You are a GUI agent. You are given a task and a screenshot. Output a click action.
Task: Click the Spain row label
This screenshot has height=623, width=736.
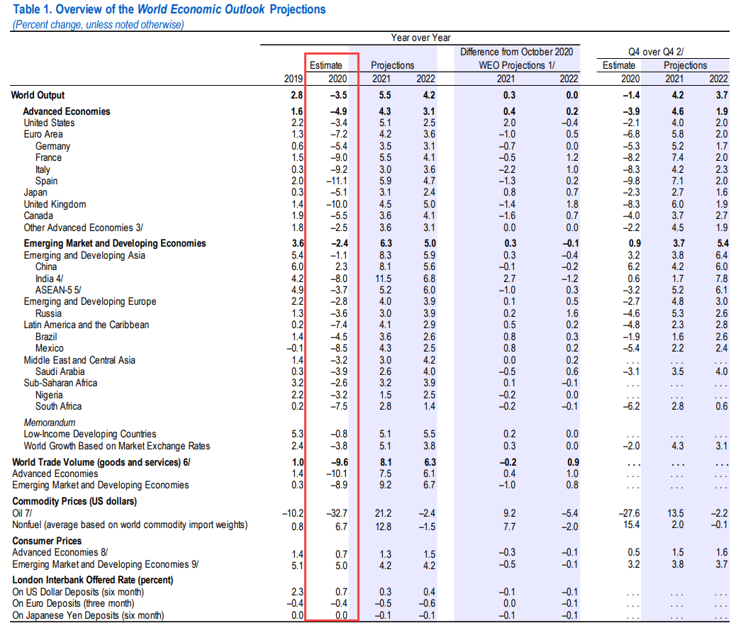(x=47, y=181)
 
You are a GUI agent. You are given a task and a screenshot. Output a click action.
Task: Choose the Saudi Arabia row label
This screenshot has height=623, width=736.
(x=60, y=371)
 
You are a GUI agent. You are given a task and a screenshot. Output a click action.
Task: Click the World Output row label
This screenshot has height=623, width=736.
(x=38, y=95)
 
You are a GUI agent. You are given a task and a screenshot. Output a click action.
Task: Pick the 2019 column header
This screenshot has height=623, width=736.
(x=293, y=79)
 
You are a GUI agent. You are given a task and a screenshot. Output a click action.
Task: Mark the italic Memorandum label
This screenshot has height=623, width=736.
(x=50, y=422)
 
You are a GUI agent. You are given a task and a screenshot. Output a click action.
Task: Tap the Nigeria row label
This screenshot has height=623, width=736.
(x=48, y=395)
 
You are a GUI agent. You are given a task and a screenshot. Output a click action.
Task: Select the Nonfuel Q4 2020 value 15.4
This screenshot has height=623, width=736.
(x=631, y=524)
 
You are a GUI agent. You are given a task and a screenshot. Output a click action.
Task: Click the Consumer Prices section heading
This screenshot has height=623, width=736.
(x=47, y=541)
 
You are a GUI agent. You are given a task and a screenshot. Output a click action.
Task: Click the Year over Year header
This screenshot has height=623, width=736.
(x=420, y=38)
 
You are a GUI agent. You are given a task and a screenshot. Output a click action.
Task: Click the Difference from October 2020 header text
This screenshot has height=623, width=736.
(x=516, y=52)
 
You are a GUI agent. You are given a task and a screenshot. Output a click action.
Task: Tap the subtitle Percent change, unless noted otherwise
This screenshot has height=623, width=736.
(x=98, y=24)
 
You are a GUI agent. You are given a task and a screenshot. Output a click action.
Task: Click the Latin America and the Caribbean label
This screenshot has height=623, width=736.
(x=87, y=325)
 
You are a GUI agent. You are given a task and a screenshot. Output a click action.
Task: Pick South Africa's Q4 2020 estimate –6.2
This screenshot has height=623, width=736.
(x=631, y=406)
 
